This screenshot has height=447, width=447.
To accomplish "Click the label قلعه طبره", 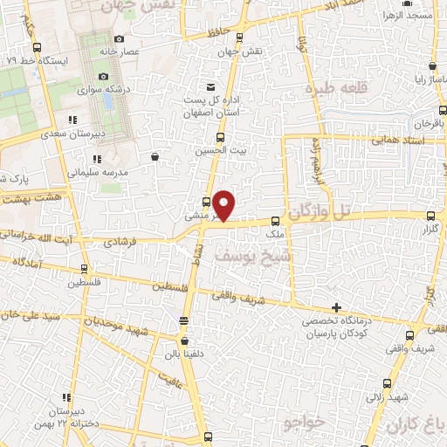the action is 333,90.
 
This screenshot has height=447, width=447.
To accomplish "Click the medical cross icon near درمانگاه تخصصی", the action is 337,307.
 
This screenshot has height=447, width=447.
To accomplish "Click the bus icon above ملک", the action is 275,222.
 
